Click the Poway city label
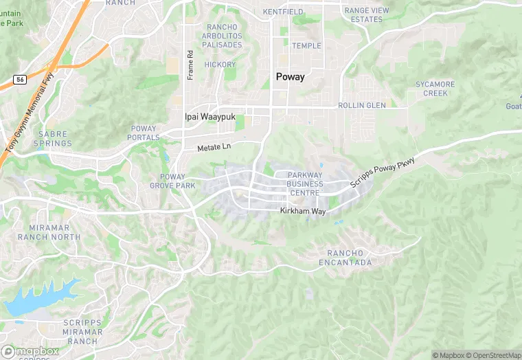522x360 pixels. click(x=290, y=77)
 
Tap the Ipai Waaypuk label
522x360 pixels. click(x=209, y=117)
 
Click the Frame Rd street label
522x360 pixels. click(x=190, y=64)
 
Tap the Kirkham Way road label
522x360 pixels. click(x=302, y=211)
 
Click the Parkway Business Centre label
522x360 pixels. click(x=305, y=183)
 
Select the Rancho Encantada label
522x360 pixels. click(x=345, y=258)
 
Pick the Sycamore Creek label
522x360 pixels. click(x=435, y=89)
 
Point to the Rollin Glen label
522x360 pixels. click(x=361, y=106)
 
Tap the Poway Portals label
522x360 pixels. click(x=144, y=133)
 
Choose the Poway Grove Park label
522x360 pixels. click(x=168, y=181)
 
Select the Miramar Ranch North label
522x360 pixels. click(x=55, y=232)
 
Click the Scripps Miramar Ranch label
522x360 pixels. click(x=83, y=332)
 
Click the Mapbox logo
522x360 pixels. click(x=31, y=351)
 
